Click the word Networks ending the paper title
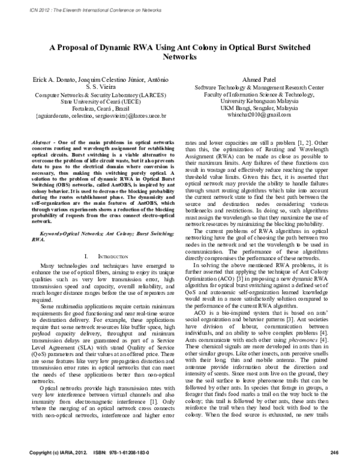[x=180, y=58]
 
